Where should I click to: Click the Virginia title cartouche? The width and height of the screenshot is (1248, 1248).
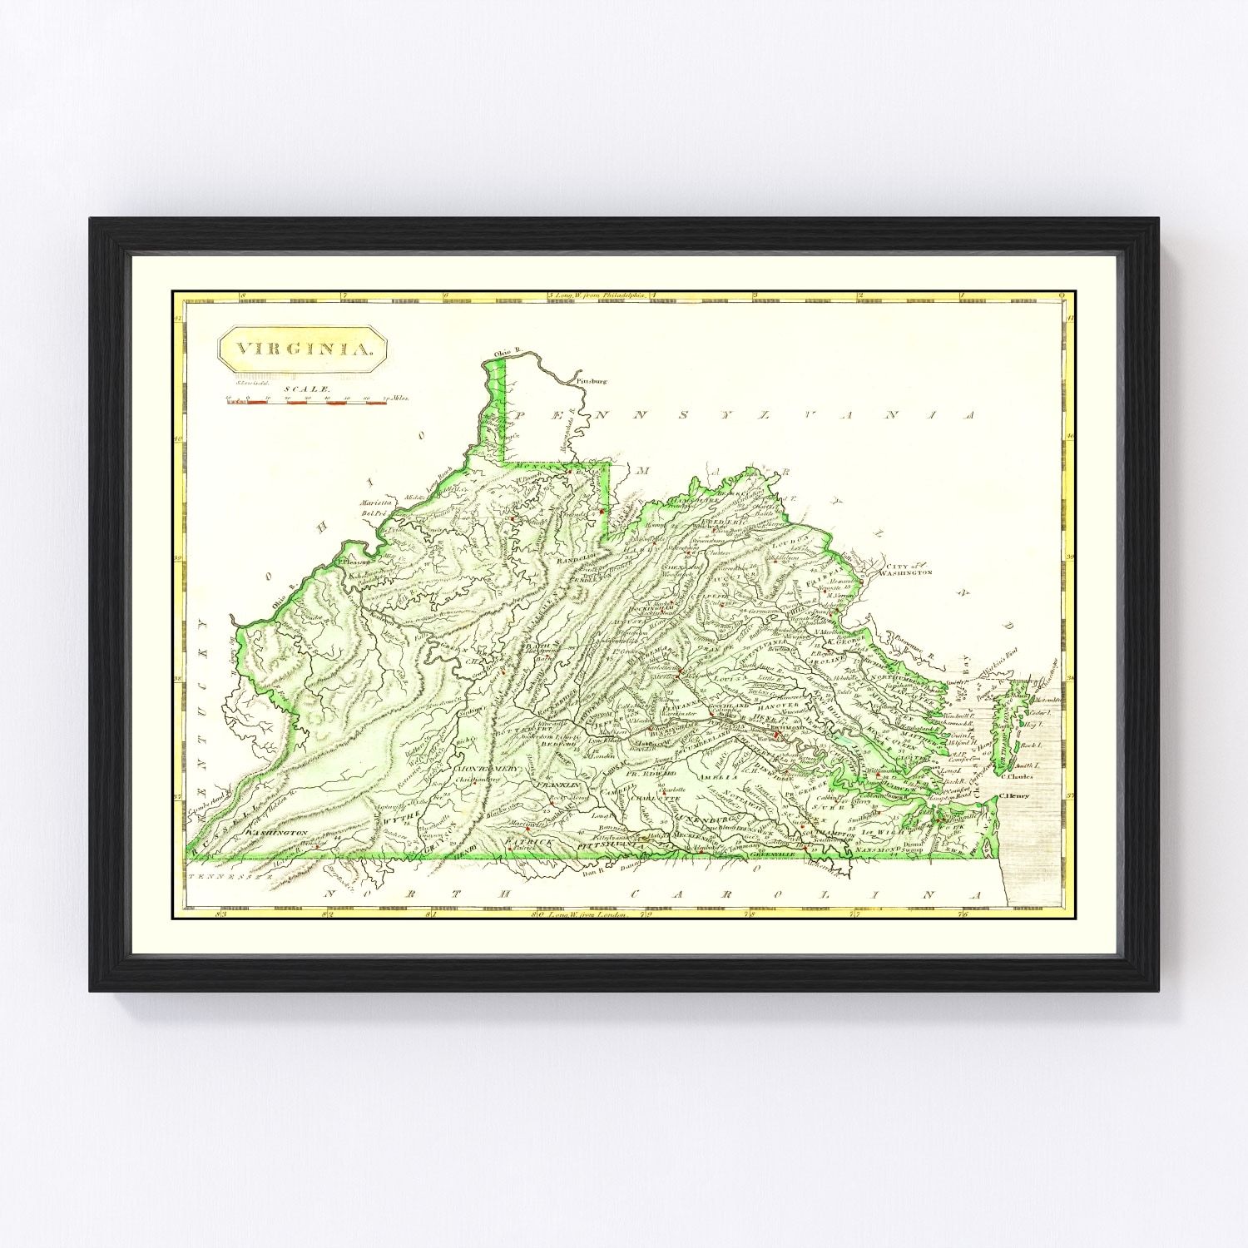tap(302, 348)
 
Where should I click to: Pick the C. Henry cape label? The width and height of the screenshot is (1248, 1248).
tap(1014, 795)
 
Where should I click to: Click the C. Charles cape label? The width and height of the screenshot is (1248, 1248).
tap(1017, 777)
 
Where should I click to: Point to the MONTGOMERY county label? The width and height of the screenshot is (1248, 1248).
tap(490, 768)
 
